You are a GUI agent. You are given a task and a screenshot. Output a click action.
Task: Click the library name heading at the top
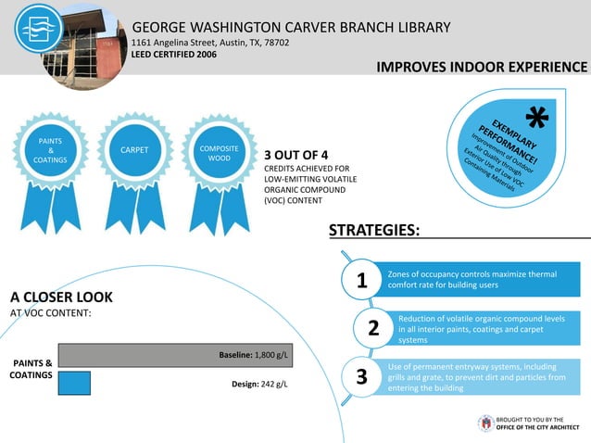pos(291,27)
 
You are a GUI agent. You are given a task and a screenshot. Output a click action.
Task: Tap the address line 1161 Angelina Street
pos(210,43)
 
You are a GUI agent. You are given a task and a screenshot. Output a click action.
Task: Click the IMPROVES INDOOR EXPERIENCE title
pos(482,68)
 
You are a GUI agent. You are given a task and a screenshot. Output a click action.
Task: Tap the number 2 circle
pos(373,328)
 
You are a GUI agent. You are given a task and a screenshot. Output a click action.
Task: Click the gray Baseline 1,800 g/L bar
pos(175,355)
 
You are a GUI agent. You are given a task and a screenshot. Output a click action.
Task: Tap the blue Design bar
pos(74,383)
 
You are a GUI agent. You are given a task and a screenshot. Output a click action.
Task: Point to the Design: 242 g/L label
pos(259,384)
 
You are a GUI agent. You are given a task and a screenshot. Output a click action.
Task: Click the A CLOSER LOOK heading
pos(61,297)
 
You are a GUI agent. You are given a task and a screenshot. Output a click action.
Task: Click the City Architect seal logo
pos(485,423)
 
